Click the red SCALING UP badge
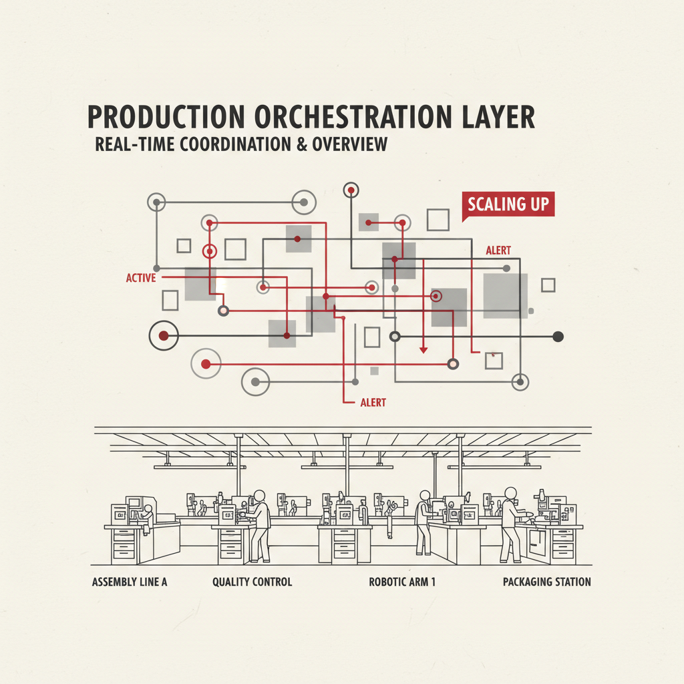[508, 204]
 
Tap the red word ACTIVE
[141, 278]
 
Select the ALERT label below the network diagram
[373, 402]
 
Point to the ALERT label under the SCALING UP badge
[498, 250]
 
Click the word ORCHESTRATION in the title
[353, 117]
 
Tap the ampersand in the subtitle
[302, 144]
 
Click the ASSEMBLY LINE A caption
[130, 582]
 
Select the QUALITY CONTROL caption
[252, 582]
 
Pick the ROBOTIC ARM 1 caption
[402, 582]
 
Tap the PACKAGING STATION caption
[547, 582]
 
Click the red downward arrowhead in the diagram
[423, 350]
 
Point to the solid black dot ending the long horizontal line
[558, 337]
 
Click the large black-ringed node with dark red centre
[164, 335]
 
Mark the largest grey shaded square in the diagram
[505, 296]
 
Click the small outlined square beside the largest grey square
[548, 285]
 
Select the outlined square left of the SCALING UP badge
[438, 219]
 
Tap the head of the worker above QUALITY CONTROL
[260, 496]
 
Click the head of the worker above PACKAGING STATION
[511, 493]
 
